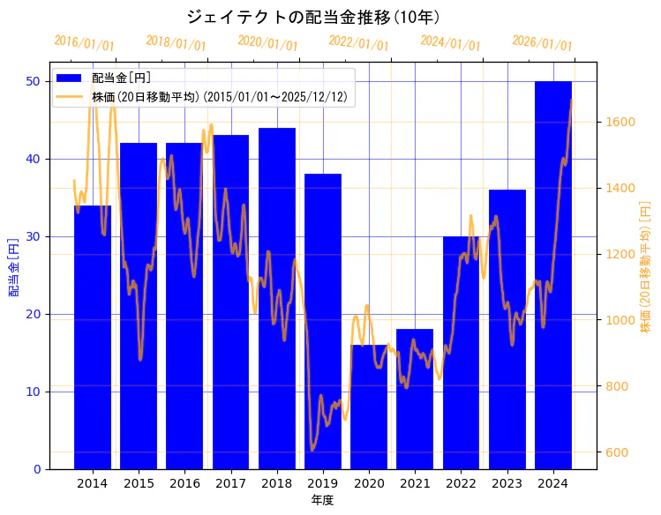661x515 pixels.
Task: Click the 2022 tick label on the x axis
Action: point(461,483)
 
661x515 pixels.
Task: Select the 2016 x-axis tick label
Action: point(184,483)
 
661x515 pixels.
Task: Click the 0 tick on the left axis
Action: point(37,469)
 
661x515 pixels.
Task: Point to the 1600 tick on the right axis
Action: point(618,122)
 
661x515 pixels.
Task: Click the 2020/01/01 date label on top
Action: point(268,43)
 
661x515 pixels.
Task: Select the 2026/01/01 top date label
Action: point(542,43)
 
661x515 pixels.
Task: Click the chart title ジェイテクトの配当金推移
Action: point(313,17)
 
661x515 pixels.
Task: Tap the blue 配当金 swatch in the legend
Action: point(71,78)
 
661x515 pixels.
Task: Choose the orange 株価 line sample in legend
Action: point(71,95)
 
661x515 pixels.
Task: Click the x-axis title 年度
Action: point(322,500)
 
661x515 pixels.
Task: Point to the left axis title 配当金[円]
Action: point(13,267)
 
